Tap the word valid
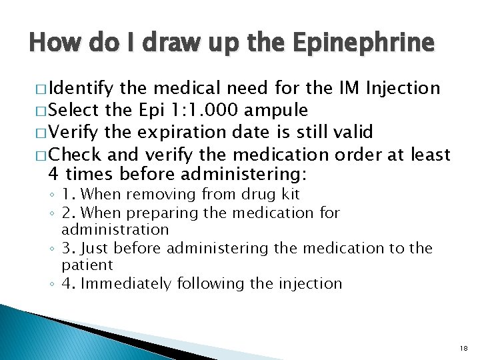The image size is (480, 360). pos(353,132)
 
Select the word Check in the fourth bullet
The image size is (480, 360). pos(76,155)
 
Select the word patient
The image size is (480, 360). pos(87,265)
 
